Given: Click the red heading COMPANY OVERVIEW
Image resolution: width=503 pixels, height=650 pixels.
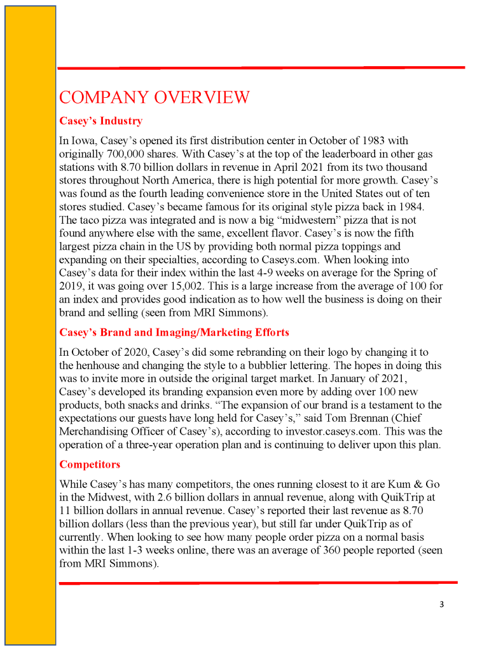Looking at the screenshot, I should click(x=154, y=97).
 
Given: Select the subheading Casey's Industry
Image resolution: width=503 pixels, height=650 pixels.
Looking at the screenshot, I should click(x=100, y=121).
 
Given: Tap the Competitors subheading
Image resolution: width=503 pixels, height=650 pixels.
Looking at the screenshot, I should click(x=90, y=464).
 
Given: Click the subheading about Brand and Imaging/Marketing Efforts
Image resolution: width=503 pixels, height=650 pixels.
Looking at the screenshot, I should click(x=174, y=332).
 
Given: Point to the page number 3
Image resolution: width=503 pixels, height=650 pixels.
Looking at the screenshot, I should click(x=441, y=604).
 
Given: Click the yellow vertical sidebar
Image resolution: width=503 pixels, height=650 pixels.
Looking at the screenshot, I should click(x=31, y=325).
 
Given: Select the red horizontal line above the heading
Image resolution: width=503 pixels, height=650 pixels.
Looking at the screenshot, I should click(x=261, y=67).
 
